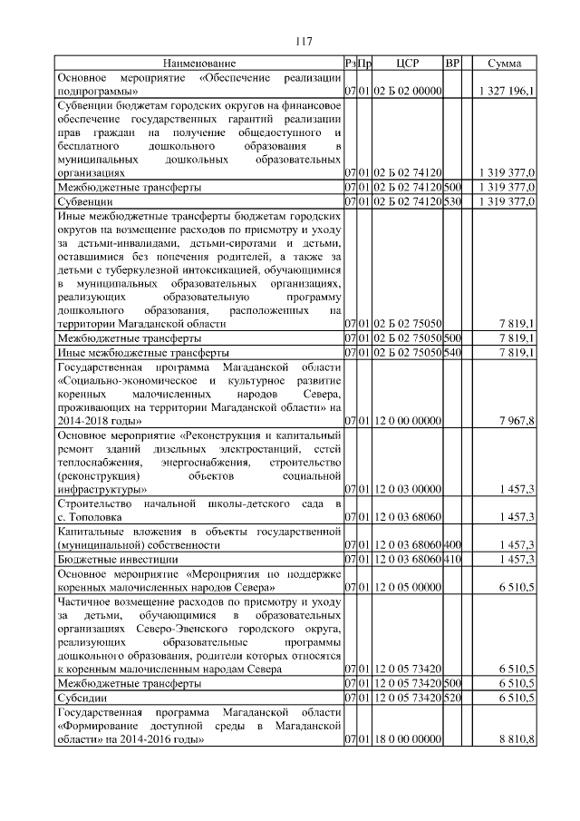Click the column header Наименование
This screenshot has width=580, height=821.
pyautogui.click(x=198, y=64)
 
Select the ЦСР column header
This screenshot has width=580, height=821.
pyautogui.click(x=407, y=64)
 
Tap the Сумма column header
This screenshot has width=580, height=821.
pyautogui.click(x=504, y=64)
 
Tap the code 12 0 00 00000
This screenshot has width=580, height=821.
pyautogui.click(x=407, y=421)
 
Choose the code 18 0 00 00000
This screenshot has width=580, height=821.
pyautogui.click(x=407, y=740)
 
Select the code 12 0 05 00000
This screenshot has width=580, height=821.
pyautogui.click(x=407, y=587)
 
